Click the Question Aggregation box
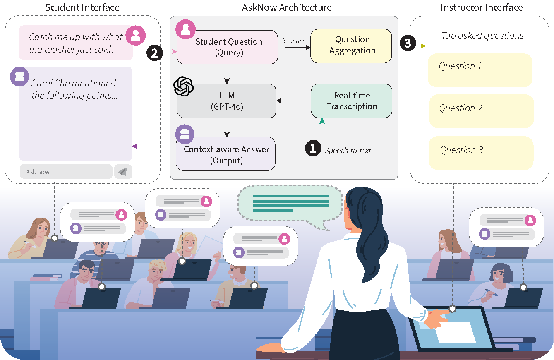tap(351, 46)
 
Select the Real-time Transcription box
tap(351, 101)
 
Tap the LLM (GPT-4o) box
tap(227, 101)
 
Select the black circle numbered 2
tap(154, 53)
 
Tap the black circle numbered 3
tap(408, 44)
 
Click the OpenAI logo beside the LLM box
tap(183, 86)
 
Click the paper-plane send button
tap(123, 172)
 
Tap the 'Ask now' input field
tap(66, 172)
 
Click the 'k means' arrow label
tap(293, 41)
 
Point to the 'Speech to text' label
tap(348, 151)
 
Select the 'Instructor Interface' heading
tap(482, 7)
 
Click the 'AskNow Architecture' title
tap(287, 7)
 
